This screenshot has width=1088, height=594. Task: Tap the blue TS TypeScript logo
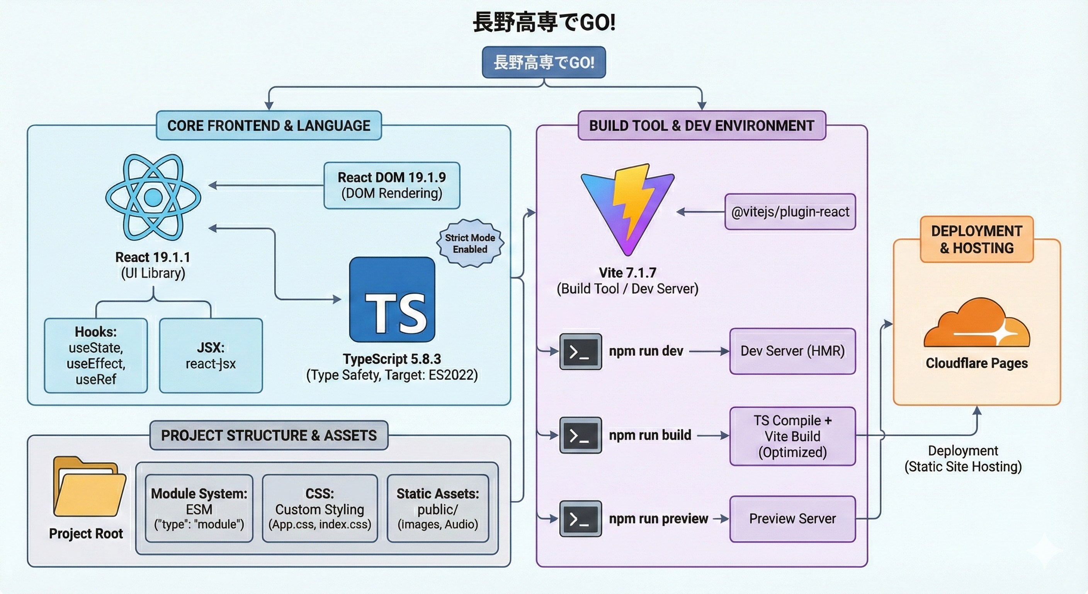click(x=392, y=300)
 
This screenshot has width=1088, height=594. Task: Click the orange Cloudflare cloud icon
click(x=976, y=324)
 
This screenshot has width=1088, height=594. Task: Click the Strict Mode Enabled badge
click(x=470, y=244)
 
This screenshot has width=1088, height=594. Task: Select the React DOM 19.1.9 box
click(x=391, y=185)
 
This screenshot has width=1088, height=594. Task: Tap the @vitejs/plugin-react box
click(x=790, y=212)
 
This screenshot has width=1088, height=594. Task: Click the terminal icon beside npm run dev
click(x=580, y=351)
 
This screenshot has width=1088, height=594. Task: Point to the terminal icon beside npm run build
click(x=580, y=435)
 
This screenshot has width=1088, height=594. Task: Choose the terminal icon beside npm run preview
click(x=580, y=519)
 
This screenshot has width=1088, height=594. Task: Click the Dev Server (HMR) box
click(x=792, y=351)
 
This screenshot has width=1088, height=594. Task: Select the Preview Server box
click(x=792, y=519)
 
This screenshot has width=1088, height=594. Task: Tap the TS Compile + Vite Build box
click(x=792, y=436)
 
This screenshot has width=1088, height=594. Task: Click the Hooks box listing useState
click(x=96, y=355)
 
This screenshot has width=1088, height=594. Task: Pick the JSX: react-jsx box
click(x=211, y=355)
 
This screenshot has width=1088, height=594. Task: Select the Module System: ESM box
click(x=199, y=509)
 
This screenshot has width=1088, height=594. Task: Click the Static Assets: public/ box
click(x=438, y=509)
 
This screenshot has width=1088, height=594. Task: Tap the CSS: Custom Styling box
click(x=320, y=509)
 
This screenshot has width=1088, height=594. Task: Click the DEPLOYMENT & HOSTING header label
click(x=976, y=239)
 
